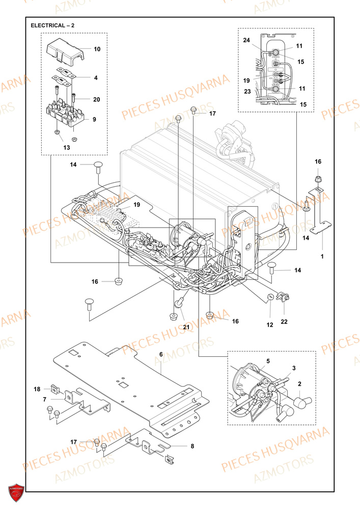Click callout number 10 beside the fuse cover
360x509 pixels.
[x=97, y=49]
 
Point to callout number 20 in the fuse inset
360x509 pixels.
[x=97, y=99]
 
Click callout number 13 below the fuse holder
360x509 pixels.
[x=66, y=147]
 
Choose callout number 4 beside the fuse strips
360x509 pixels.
[x=95, y=77]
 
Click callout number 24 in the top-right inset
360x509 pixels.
[x=246, y=40]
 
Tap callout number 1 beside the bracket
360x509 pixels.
[x=321, y=256]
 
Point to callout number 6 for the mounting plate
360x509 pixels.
[x=161, y=354]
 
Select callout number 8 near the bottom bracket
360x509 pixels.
[x=192, y=446]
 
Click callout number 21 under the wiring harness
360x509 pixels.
[x=186, y=326]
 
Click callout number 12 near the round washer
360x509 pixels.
[x=270, y=324]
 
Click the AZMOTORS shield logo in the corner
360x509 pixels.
[x=15, y=493]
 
